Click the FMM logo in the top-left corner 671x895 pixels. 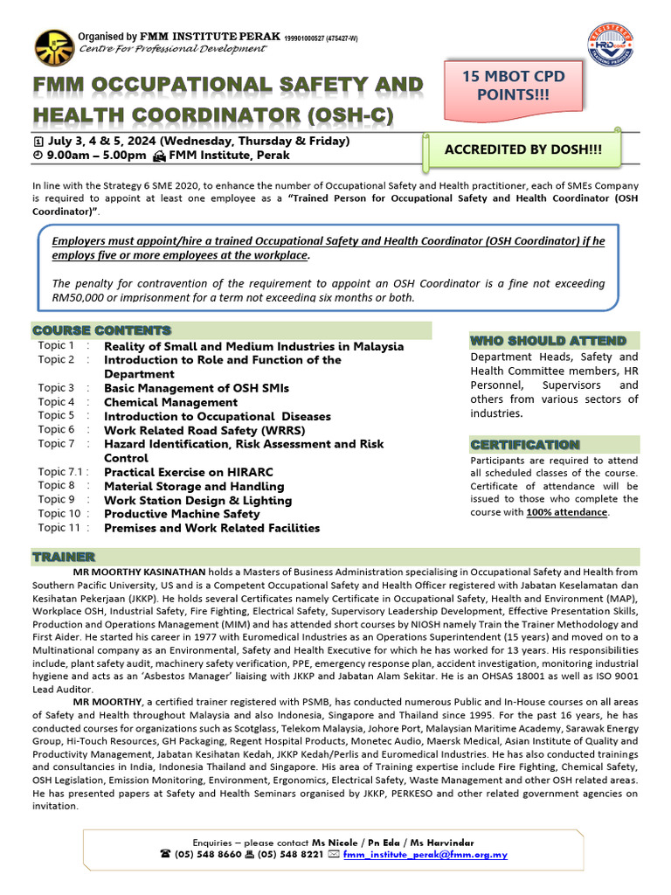coord(54,47)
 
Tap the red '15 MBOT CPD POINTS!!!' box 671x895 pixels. coord(513,86)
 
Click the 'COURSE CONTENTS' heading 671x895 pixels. coord(102,330)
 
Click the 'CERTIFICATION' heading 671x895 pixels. coord(524,445)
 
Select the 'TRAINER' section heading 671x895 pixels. coord(64,557)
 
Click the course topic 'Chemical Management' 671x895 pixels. coord(170,402)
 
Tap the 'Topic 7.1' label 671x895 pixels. coord(60,472)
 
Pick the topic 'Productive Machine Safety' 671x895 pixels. coord(182,514)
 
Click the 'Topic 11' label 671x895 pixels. coord(59,528)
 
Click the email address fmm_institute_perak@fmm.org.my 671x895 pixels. coord(425,854)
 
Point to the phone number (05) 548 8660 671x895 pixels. coord(207,854)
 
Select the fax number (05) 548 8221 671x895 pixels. coord(287,854)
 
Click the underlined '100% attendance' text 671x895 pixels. coord(566,512)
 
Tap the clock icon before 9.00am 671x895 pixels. coord(38,156)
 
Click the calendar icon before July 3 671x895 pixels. coord(38,141)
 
